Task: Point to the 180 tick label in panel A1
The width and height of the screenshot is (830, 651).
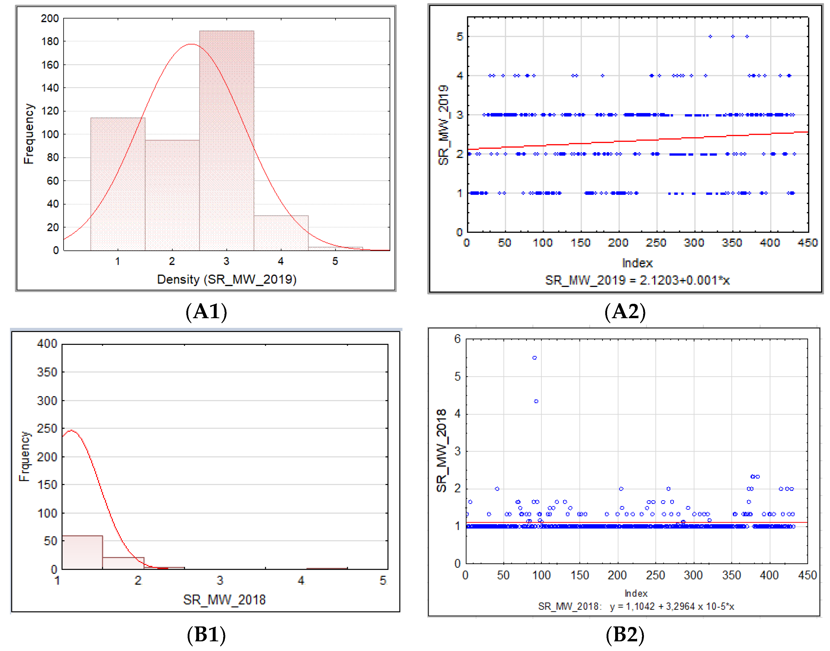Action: (x=50, y=42)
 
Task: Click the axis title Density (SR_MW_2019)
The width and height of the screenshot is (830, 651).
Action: (x=227, y=279)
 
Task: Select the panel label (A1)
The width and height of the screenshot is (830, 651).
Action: (x=206, y=311)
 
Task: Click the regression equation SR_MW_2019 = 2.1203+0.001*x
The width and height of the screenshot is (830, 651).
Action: (x=637, y=281)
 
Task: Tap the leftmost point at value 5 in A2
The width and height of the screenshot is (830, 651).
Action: (x=710, y=37)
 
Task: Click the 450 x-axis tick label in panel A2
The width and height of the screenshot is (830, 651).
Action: (x=807, y=243)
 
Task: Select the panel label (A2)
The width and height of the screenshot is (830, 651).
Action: (x=625, y=311)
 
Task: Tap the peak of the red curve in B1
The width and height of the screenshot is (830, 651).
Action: (x=71, y=431)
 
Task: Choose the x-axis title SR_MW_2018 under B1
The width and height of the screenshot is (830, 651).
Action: (x=224, y=600)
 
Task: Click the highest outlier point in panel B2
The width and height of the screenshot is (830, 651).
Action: (x=534, y=358)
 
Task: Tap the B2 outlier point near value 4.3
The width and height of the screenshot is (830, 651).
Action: (x=536, y=401)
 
